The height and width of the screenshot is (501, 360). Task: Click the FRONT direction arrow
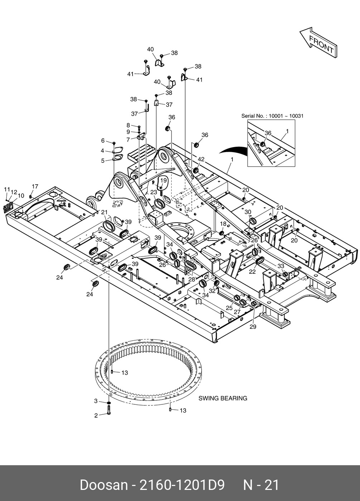point(318,42)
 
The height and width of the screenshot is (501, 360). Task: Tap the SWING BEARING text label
point(223,398)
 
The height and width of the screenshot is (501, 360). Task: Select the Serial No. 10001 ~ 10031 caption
point(272,116)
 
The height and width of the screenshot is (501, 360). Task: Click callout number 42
point(201,159)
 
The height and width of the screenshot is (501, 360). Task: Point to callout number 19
point(164,180)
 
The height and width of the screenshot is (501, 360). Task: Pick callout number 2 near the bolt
point(96,415)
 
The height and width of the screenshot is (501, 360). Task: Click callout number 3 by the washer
point(96,401)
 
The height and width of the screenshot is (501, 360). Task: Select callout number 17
point(35,186)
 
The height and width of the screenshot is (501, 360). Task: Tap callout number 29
point(253,327)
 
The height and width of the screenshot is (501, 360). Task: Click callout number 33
point(281,266)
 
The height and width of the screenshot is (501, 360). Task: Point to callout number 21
point(104,213)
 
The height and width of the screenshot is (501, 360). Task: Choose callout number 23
point(154,192)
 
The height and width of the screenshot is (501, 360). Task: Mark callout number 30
point(248,212)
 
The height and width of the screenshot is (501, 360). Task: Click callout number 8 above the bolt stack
point(128,125)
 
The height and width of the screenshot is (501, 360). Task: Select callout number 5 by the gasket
point(103,161)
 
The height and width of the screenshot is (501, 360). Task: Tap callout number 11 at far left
point(6,189)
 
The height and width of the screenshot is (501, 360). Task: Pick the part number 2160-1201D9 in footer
point(182,485)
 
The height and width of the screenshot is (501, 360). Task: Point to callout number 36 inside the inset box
point(268,133)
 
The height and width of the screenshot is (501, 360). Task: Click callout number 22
point(253,271)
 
